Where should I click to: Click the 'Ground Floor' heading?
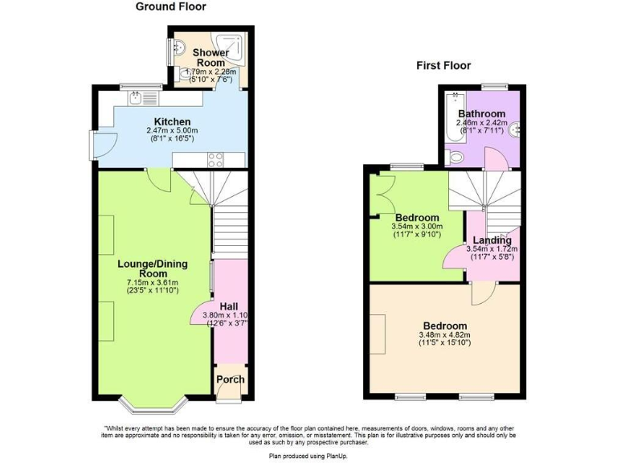tap(170, 7)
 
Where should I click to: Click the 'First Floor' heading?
tap(443, 66)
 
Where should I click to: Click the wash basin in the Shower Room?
tap(180, 48)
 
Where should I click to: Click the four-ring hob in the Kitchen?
tap(215, 159)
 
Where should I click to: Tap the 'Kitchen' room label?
tap(167, 122)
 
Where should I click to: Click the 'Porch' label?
tap(230, 379)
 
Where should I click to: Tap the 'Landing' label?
tap(492, 240)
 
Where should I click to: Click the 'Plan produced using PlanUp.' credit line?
tap(308, 455)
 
